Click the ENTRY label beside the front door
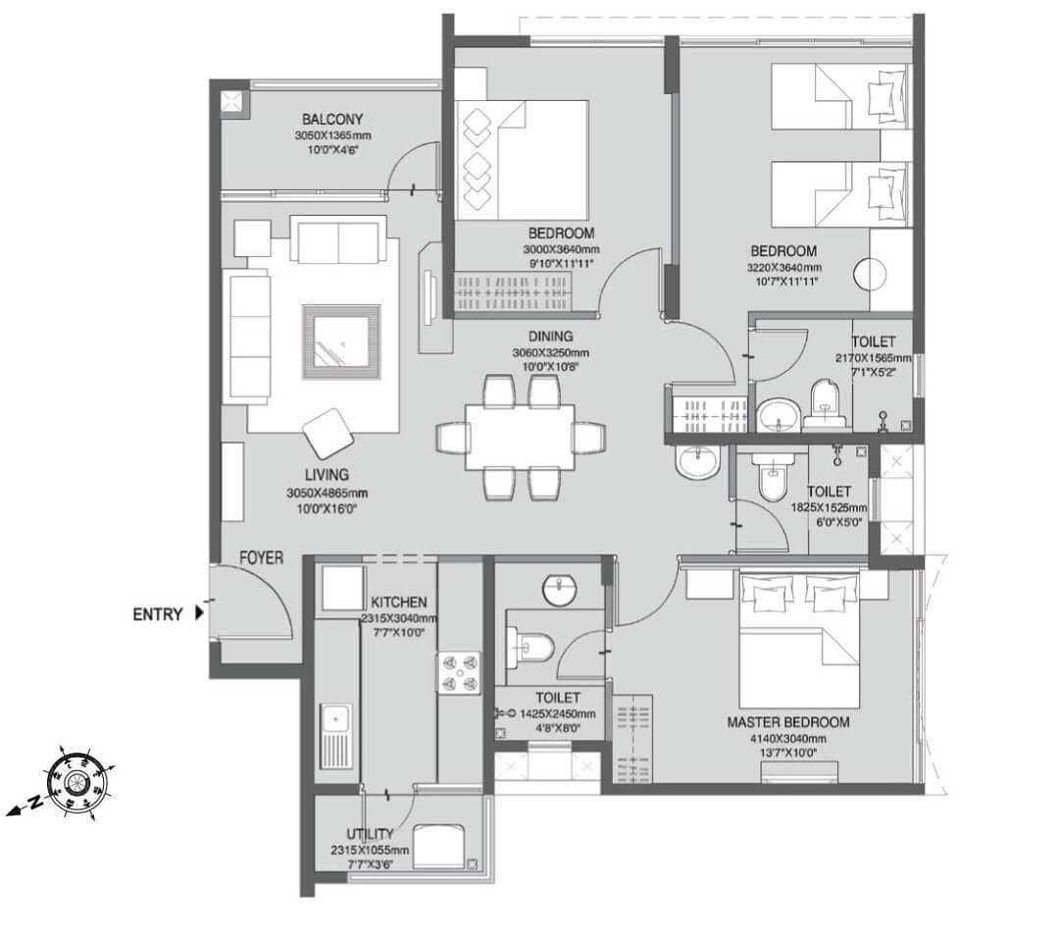pyautogui.click(x=158, y=615)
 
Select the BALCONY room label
pyautogui.click(x=333, y=120)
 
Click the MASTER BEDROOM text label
pyautogui.click(x=787, y=722)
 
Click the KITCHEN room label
pyautogui.click(x=398, y=601)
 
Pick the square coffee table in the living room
pyautogui.click(x=341, y=340)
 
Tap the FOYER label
pyautogui.click(x=262, y=558)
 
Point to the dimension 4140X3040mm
pyautogui.click(x=787, y=739)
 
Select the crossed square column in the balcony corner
pyautogui.click(x=233, y=101)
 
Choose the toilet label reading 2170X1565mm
pyautogui.click(x=874, y=358)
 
